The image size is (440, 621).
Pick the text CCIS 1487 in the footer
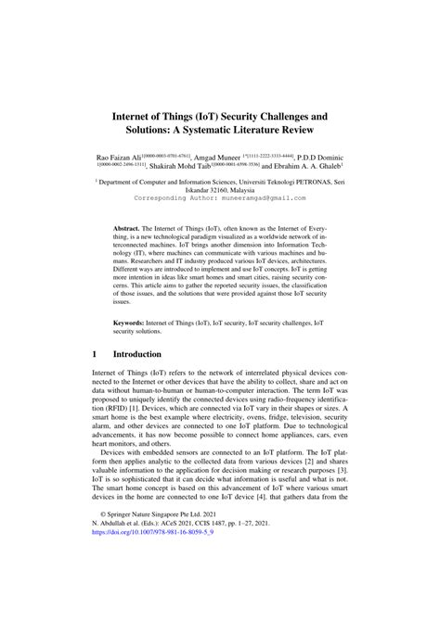tap(228, 575)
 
